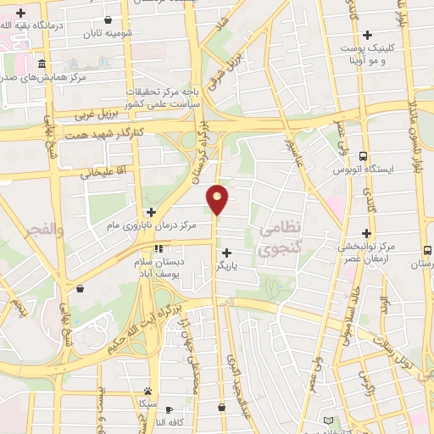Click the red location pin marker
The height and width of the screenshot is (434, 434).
[x=218, y=198]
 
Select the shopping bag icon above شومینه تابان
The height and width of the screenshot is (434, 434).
[x=106, y=19]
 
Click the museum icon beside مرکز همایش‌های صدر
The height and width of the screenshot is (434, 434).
[x=42, y=64]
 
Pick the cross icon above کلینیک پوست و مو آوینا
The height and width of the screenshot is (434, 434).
[x=366, y=35]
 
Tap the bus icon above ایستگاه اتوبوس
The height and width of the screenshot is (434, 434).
[x=363, y=156]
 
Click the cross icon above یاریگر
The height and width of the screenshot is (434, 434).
[x=226, y=252]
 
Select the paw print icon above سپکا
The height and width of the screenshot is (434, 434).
[x=147, y=392]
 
